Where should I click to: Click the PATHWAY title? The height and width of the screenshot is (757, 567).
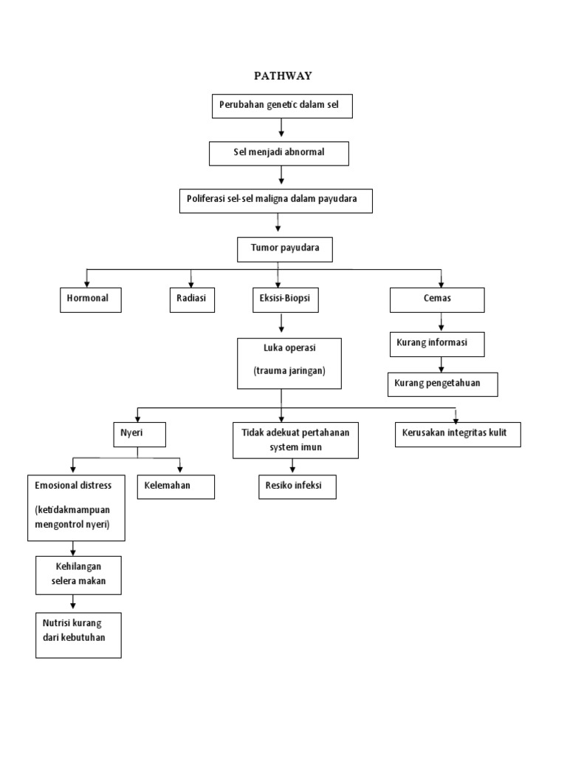click(x=283, y=75)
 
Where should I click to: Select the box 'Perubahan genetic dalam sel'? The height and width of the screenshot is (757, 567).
click(x=282, y=106)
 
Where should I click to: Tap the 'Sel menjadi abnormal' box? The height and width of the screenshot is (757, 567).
click(x=278, y=153)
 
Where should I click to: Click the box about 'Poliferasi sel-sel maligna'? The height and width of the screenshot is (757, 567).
click(x=276, y=200)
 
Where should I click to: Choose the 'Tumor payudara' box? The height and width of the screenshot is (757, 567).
click(x=285, y=249)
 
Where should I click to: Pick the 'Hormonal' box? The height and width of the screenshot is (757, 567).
click(x=89, y=299)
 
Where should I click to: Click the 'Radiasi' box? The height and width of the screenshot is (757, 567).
click(x=191, y=299)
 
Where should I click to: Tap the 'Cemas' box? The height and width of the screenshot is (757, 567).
click(x=438, y=299)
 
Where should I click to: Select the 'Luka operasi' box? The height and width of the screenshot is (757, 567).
click(x=289, y=363)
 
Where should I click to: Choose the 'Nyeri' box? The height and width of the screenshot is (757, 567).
click(x=135, y=434)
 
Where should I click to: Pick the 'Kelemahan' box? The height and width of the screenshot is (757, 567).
click(x=176, y=486)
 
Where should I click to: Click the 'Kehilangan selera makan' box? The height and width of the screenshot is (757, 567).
click(x=79, y=574)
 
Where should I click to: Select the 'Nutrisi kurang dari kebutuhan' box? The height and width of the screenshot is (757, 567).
click(x=78, y=634)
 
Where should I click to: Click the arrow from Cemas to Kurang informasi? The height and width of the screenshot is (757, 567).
click(x=441, y=322)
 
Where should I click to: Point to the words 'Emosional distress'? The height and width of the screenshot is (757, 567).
click(x=73, y=485)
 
